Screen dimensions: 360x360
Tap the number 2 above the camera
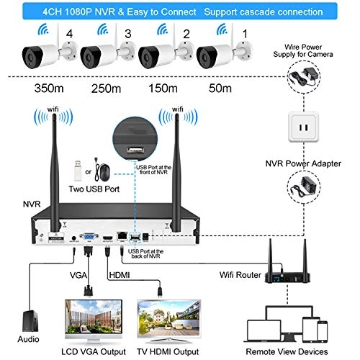[186, 33]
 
